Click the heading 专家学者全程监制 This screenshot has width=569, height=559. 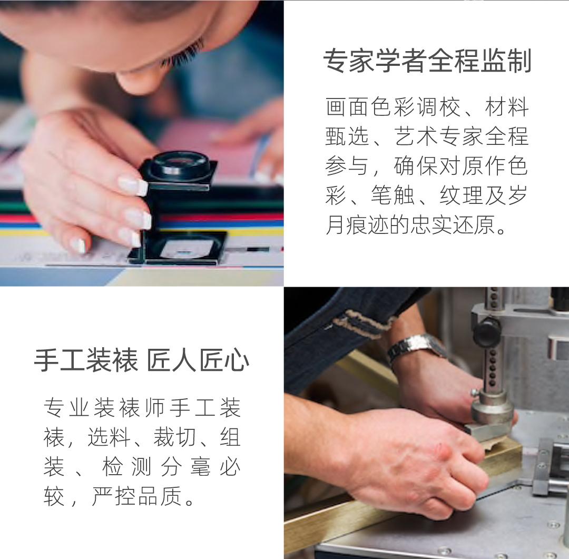(x=427, y=61)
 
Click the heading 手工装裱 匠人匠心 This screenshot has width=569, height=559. (x=142, y=360)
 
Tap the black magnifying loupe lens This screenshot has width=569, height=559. (x=180, y=165)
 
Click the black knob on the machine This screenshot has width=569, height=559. (x=487, y=331)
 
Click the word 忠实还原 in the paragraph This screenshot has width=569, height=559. (x=452, y=225)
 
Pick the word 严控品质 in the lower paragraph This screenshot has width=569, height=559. (x=136, y=496)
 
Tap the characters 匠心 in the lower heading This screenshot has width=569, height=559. (x=224, y=360)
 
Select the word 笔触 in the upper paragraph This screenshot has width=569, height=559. (x=393, y=195)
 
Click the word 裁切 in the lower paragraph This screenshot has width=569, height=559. (x=175, y=437)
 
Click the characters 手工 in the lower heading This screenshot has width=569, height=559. (x=60, y=360)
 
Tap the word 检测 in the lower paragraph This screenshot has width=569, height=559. (x=126, y=467)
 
